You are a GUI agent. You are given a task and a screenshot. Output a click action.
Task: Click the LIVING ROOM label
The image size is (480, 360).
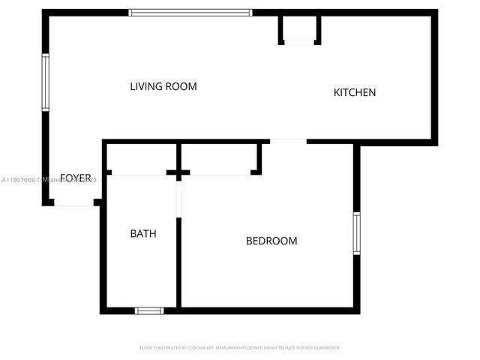point(163,86)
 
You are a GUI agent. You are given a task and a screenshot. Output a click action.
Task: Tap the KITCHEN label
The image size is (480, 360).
point(354,92)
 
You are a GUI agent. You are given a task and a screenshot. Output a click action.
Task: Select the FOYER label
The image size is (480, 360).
point(75,178)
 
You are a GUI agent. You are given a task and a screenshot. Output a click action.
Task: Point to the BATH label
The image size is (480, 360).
point(143,233)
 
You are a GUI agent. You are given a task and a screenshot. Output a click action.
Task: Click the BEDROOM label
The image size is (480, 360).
point(271,241)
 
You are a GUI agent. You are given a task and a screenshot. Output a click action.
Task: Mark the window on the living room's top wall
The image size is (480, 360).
point(190,12)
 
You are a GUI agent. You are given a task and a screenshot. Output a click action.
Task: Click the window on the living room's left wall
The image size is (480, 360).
point(46,82)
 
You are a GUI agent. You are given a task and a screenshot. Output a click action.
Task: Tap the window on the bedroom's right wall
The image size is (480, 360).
point(357,233)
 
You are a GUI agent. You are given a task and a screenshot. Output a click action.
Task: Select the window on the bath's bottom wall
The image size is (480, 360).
point(149,310)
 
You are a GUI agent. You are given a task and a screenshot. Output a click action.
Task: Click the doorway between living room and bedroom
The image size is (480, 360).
point(288,141)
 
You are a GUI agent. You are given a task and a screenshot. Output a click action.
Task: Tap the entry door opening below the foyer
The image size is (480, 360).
point(73,202)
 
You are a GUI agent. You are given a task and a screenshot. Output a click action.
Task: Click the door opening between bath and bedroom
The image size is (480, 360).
point(178,199)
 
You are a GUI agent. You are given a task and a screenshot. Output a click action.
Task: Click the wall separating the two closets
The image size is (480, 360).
point(178,159)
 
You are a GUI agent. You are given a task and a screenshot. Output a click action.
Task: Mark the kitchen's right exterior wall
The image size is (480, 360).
point(434,75)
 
